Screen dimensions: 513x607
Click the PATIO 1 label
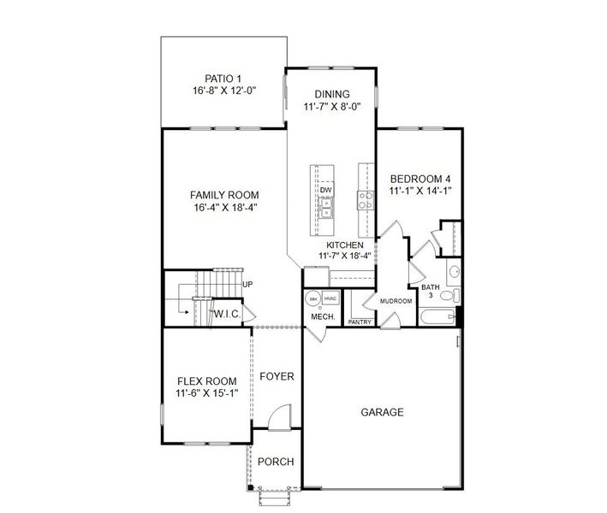tap(225, 78)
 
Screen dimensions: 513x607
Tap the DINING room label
tap(331, 95)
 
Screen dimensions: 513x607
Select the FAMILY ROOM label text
tap(224, 194)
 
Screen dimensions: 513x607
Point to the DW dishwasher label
tap(326, 190)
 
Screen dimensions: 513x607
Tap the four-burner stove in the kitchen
tap(366, 200)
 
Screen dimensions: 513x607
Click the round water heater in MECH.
tap(312, 298)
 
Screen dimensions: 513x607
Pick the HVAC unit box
tap(331, 298)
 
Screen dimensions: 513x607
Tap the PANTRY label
tap(360, 322)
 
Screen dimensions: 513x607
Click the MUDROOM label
tap(396, 301)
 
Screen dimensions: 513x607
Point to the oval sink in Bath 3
tap(455, 273)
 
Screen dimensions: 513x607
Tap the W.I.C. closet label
tap(227, 314)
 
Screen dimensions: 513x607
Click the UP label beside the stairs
tap(247, 284)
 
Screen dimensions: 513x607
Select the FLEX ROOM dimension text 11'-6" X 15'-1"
tap(206, 393)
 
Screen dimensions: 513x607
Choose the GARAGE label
tap(382, 412)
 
